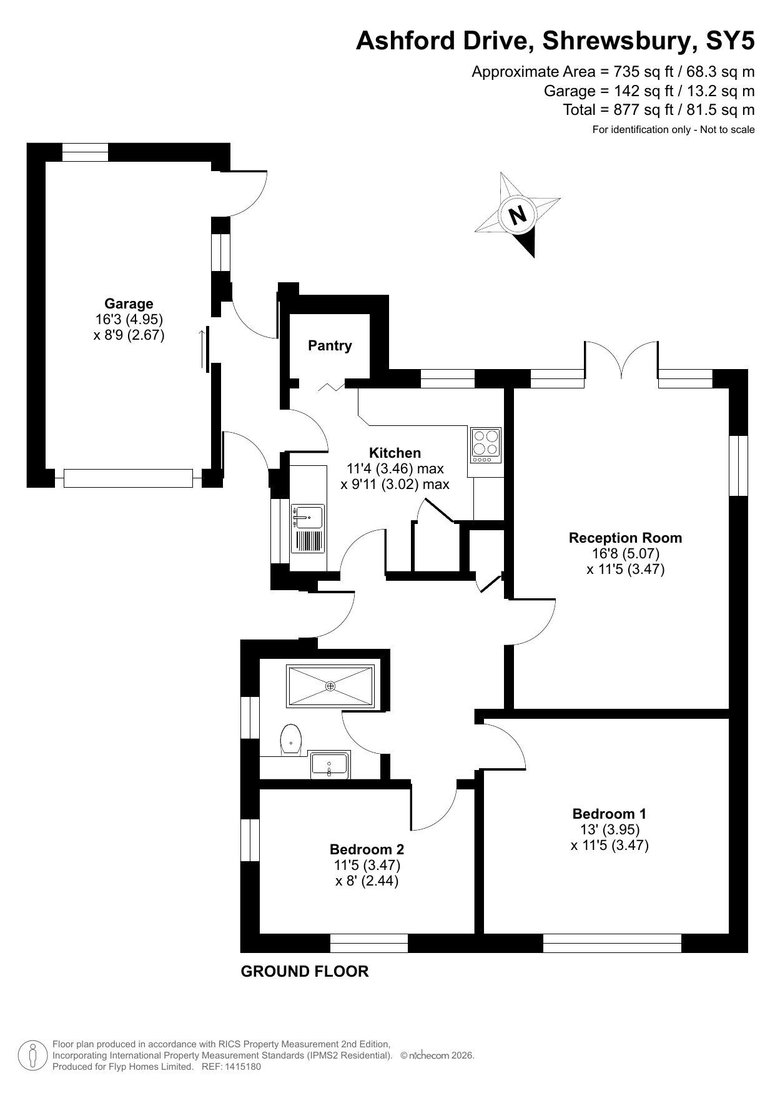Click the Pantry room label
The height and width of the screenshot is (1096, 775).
(330, 345)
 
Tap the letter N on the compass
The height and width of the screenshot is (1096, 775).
(518, 215)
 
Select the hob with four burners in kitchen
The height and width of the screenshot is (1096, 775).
(485, 445)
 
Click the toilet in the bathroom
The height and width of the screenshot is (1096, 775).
(290, 739)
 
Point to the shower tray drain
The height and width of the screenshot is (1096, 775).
(330, 686)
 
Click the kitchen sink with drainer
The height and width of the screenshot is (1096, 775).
(308, 528)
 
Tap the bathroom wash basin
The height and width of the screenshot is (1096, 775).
(330, 765)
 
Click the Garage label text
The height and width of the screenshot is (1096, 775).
(129, 304)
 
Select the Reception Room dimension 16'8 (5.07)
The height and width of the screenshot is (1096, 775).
(625, 553)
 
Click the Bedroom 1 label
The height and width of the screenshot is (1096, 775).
(609, 814)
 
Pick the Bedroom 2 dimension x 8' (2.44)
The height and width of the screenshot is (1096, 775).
(367, 881)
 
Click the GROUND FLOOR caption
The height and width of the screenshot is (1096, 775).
(305, 972)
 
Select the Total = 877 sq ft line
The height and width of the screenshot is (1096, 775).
(658, 110)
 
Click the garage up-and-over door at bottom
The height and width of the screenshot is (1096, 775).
(128, 478)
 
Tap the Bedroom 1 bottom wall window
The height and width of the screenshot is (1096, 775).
(612, 943)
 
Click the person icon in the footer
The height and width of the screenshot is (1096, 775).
(32, 1056)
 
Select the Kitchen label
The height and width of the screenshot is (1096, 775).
(395, 453)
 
